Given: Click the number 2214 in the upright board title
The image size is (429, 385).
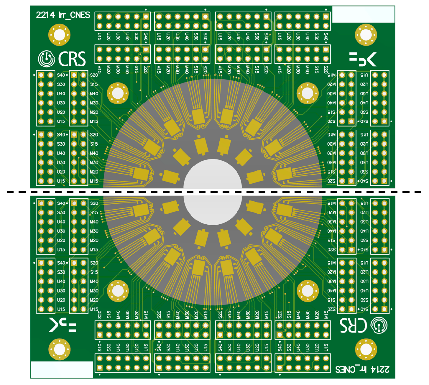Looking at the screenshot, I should click(45, 15).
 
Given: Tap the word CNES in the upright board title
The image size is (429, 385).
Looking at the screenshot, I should click(80, 15).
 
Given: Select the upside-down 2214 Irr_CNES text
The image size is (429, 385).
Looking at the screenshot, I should click(362, 369).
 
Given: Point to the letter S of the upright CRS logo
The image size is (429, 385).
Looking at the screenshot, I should click(80, 59).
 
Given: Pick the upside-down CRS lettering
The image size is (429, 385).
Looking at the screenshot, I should click(354, 325).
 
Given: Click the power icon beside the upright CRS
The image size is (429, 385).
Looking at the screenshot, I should click(46, 59).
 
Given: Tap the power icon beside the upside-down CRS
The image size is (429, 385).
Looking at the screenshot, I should click(379, 325).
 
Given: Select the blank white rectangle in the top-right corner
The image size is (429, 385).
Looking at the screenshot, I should click(363, 14).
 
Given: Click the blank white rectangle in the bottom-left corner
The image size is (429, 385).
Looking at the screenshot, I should click(62, 369).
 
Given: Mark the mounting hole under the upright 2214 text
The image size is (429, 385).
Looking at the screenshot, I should click(59, 35).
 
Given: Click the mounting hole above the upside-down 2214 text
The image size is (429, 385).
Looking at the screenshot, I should click(366, 349).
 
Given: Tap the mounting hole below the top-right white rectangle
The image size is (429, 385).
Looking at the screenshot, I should click(366, 35).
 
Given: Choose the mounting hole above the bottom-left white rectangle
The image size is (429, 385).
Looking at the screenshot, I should click(59, 349).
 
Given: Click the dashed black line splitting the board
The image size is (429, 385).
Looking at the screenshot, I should click(214, 192).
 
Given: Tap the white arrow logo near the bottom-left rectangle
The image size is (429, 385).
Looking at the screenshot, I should click(63, 325).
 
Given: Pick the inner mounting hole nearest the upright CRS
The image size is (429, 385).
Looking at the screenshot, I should click(118, 93).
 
